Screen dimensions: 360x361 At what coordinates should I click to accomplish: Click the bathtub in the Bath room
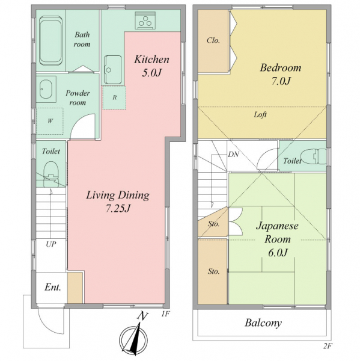pyautogui.click(x=50, y=40)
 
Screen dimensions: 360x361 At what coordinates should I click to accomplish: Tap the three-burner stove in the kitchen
pyautogui.click(x=145, y=20)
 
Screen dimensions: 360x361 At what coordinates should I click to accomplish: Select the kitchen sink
pyautogui.click(x=113, y=70)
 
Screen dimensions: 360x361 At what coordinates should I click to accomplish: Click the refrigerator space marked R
pyautogui.click(x=114, y=97)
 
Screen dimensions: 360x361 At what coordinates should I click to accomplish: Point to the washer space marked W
pyautogui.click(x=50, y=121)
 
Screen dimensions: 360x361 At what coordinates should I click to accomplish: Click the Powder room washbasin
pyautogui.click(x=46, y=89)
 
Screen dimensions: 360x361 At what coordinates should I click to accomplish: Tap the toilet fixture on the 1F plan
pyautogui.click(x=51, y=174)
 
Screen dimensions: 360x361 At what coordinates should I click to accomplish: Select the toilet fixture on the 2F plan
pyautogui.click(x=314, y=156)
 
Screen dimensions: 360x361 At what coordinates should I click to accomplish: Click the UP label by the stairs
pyautogui.click(x=51, y=244)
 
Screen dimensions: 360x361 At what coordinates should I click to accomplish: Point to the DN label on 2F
pyautogui.click(x=233, y=154)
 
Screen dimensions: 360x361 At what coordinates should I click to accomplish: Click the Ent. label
pyautogui.click(x=53, y=287)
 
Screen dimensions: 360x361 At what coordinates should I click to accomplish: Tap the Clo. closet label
pyautogui.click(x=213, y=40)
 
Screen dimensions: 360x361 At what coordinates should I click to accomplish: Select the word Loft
pyautogui.click(x=260, y=114)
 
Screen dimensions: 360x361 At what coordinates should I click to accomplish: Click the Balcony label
pyautogui.click(x=263, y=322)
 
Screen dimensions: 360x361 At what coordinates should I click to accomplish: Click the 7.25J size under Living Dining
pyautogui.click(x=118, y=209)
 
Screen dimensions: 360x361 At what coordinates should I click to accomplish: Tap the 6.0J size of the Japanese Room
pyautogui.click(x=278, y=253)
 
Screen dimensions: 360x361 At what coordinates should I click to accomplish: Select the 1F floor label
pyautogui.click(x=166, y=314)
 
